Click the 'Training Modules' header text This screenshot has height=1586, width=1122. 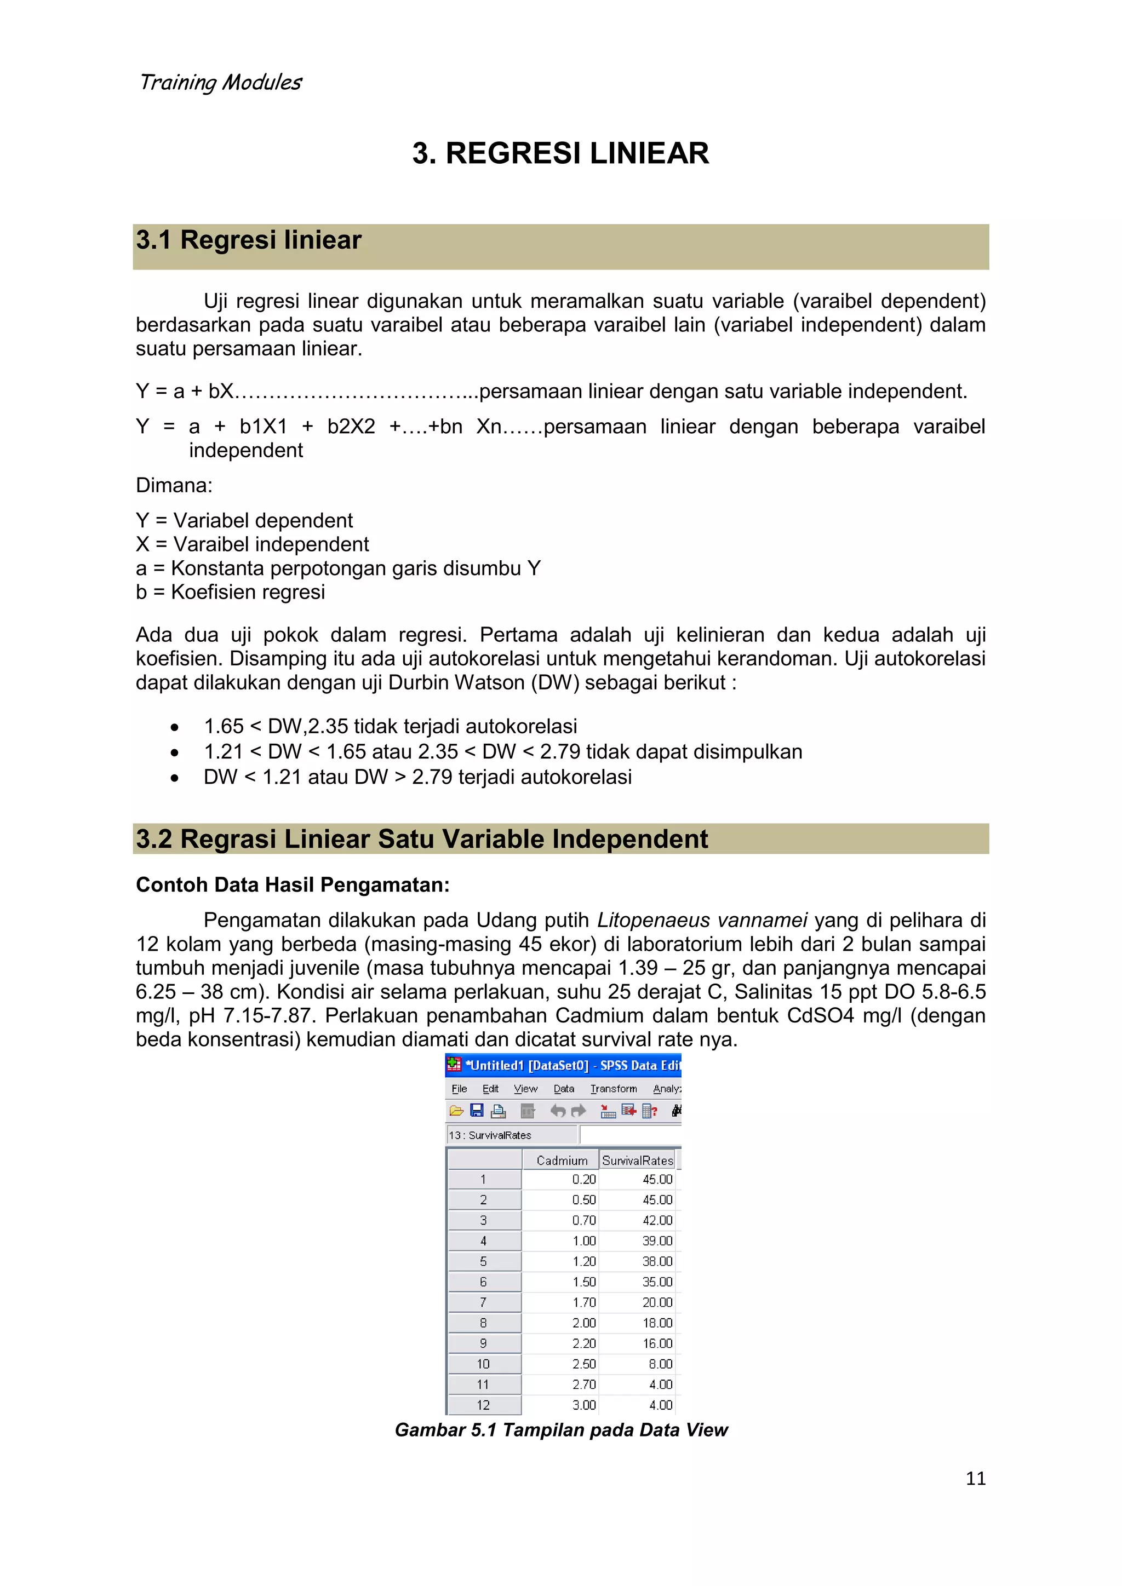(x=220, y=82)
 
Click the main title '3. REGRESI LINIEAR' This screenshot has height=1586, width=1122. (x=560, y=153)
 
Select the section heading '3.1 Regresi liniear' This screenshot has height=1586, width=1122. (x=249, y=240)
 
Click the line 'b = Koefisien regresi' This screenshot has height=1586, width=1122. (x=230, y=592)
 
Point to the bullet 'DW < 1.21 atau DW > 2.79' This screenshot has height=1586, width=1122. (x=417, y=777)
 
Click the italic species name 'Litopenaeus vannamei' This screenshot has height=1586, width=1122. (x=702, y=920)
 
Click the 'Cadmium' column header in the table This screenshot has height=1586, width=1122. (x=561, y=1160)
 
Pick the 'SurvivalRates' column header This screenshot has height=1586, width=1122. (x=637, y=1160)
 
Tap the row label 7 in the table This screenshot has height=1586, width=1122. (x=484, y=1303)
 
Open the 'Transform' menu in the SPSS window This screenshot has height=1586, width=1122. (x=614, y=1089)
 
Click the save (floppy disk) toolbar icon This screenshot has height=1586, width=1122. (x=477, y=1111)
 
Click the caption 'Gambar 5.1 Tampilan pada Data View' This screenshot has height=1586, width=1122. (x=561, y=1430)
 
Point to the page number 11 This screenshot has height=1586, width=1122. (x=975, y=1478)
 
